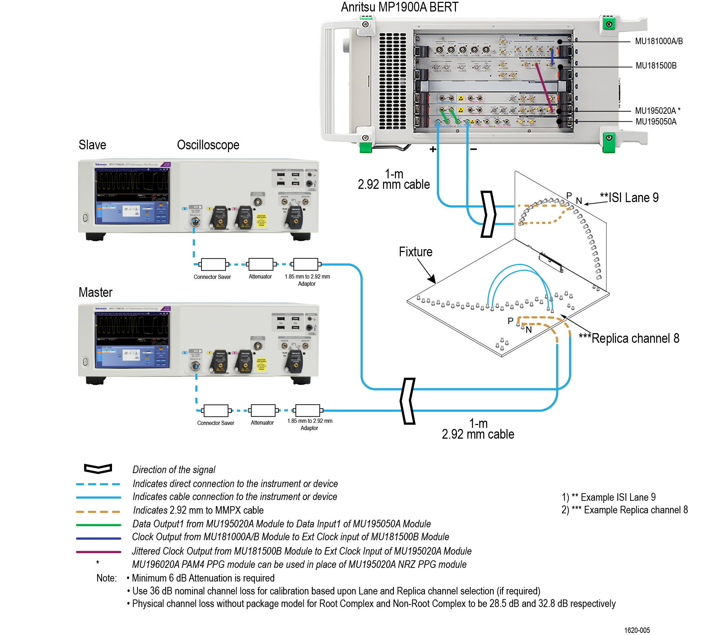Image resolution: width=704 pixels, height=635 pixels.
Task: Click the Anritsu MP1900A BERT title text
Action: click(x=399, y=8)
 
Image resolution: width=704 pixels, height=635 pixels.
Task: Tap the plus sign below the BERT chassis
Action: click(x=433, y=149)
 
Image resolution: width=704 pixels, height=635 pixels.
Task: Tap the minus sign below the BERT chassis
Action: click(x=474, y=149)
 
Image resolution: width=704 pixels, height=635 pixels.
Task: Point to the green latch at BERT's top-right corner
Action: click(x=609, y=24)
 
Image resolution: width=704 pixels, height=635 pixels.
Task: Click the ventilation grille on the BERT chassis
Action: click(x=393, y=81)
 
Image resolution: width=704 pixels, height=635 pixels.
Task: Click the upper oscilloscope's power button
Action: click(x=85, y=218)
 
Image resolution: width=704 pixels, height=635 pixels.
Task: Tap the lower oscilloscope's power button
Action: click(x=85, y=361)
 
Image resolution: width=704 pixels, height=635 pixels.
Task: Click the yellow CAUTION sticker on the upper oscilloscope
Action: click(x=261, y=220)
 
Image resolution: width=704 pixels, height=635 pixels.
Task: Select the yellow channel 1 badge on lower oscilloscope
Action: click(x=209, y=353)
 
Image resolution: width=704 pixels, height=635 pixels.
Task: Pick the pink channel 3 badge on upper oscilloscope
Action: click(x=234, y=209)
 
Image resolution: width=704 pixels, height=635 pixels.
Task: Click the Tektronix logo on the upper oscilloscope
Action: click(x=101, y=164)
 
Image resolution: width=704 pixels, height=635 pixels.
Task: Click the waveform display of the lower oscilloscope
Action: click(x=132, y=326)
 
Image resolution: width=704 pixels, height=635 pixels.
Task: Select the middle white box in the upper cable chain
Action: click(x=261, y=264)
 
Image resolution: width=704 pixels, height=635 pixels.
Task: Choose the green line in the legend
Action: click(x=98, y=525)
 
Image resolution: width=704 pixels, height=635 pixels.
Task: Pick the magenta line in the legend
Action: click(x=98, y=552)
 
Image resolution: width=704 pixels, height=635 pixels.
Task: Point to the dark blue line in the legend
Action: click(x=98, y=538)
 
